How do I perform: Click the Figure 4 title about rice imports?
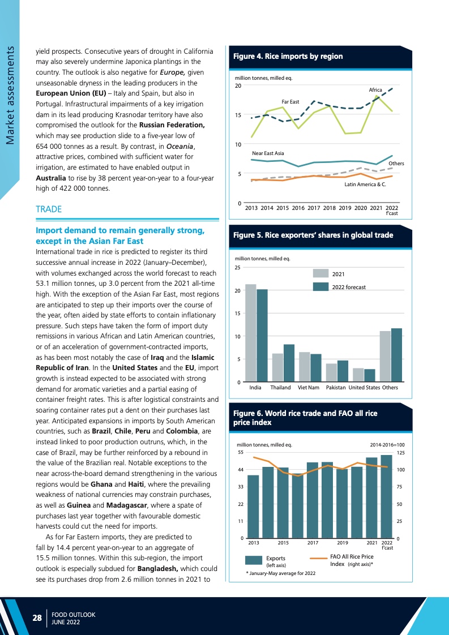pyautogui.click(x=288, y=56)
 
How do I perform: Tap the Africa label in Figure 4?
pyautogui.click(x=375, y=90)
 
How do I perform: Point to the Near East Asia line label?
pyautogui.click(x=268, y=153)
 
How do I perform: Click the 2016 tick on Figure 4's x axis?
pyautogui.click(x=298, y=208)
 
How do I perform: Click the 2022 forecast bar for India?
pyautogui.click(x=262, y=336)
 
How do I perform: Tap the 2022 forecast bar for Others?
pyautogui.click(x=396, y=355)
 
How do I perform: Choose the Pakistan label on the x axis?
pyautogui.click(x=336, y=388)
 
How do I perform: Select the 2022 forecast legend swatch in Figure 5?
pyautogui.click(x=322, y=287)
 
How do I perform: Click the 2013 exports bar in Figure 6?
pyautogui.click(x=253, y=507)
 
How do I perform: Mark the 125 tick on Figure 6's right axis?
pyautogui.click(x=401, y=453)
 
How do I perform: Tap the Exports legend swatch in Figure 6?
pyautogui.click(x=253, y=560)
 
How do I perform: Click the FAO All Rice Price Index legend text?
pyautogui.click(x=352, y=560)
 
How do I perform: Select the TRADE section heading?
pyautogui.click(x=49, y=209)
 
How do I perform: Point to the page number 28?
pyautogui.click(x=37, y=618)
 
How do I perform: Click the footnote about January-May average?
pyautogui.click(x=281, y=573)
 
